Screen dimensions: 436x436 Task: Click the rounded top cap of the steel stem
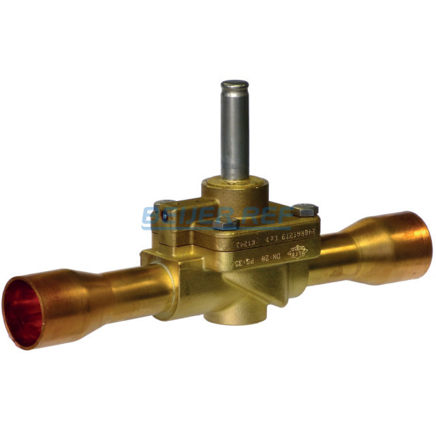click(x=234, y=87)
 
